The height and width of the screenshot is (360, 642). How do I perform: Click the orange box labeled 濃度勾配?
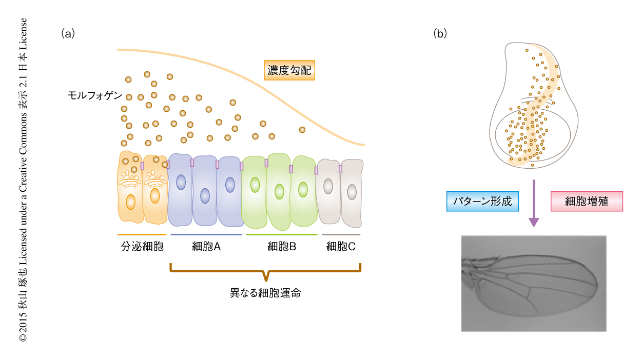[x=289, y=70]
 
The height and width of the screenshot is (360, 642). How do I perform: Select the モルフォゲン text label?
[x=95, y=95]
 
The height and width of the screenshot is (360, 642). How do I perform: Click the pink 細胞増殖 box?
[x=586, y=201]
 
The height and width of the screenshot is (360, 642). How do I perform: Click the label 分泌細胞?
[x=142, y=247]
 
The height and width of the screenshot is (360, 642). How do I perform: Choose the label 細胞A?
[x=206, y=247]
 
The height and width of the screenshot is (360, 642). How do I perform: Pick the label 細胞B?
[x=282, y=247]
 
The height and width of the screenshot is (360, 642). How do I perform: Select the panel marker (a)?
[x=68, y=34]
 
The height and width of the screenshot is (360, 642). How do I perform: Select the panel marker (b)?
[x=440, y=34]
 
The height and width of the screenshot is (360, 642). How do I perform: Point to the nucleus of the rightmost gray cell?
[x=352, y=192]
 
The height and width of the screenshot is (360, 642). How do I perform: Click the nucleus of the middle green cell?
[x=279, y=191]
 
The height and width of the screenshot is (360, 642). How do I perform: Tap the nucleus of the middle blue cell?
[x=205, y=195]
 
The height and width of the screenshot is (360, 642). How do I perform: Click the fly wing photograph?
[x=534, y=283]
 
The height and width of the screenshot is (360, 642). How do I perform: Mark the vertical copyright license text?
[x=23, y=179]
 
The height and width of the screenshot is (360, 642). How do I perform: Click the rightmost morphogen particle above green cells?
[x=302, y=130]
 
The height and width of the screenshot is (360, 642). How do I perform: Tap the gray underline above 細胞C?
[x=341, y=235]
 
